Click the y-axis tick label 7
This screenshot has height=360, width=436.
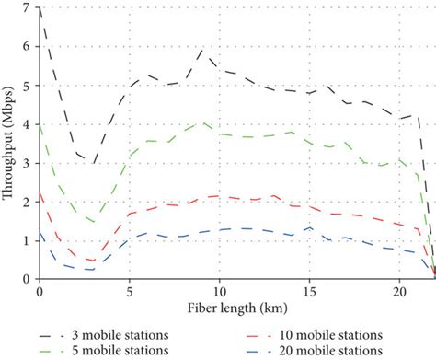point(27,7)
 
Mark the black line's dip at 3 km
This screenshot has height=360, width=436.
point(94,163)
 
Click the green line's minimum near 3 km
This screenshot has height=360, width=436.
point(94,222)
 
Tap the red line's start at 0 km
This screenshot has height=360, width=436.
point(40,192)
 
